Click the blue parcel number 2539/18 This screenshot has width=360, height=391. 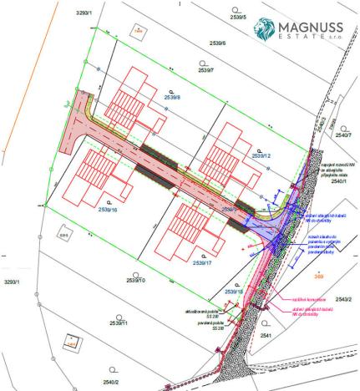[x=235, y=292]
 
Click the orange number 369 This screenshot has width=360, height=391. [x=318, y=276]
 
